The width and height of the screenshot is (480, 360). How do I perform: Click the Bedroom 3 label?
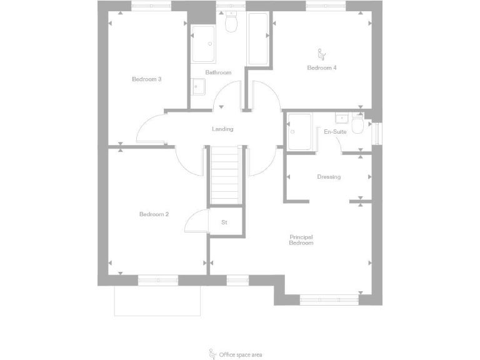click(x=147, y=79)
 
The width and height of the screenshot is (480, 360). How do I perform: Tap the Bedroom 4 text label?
click(x=322, y=67)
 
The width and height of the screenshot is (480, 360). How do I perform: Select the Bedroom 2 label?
click(x=154, y=214)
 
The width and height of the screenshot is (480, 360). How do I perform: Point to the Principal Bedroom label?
click(x=301, y=239)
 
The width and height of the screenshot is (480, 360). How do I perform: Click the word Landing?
click(x=222, y=129)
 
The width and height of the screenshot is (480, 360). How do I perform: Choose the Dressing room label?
click(x=329, y=177)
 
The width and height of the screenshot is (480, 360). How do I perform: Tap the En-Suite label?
click(x=335, y=132)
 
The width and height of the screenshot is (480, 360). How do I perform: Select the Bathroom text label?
click(x=219, y=72)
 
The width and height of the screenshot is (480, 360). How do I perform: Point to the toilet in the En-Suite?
click(x=357, y=126)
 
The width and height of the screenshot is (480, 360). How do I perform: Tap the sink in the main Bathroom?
click(x=198, y=86)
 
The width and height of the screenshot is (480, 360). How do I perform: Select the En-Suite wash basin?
click(x=342, y=118)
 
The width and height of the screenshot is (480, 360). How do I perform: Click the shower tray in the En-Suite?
click(x=300, y=132)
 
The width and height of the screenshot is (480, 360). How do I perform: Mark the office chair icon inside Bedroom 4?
click(x=322, y=54)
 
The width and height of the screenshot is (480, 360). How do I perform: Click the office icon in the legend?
click(x=212, y=354)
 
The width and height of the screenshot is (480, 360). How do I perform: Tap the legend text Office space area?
click(x=241, y=354)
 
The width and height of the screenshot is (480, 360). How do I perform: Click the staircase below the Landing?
click(x=225, y=175)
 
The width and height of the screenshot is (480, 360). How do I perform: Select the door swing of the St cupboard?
click(x=197, y=221)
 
